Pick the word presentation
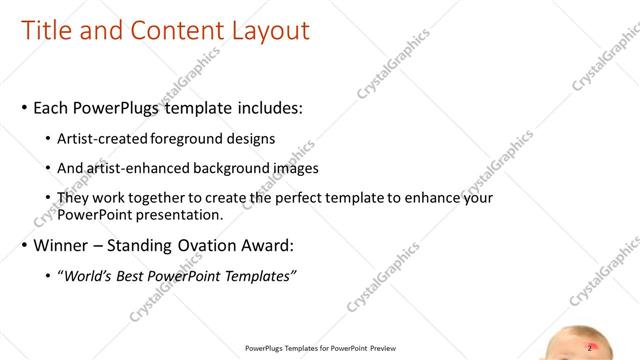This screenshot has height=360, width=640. [x=179, y=214]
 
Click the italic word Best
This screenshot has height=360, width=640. [x=135, y=275]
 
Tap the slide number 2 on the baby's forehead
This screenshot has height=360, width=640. [x=589, y=347]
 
